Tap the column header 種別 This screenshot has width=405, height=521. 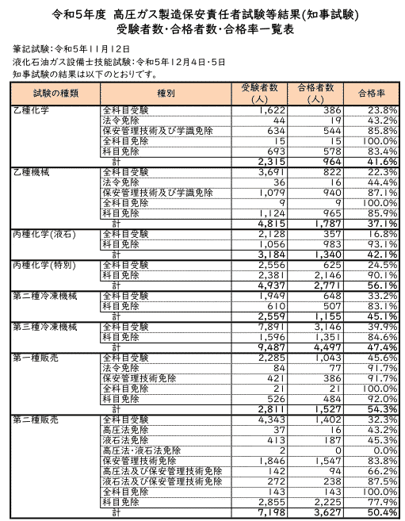point(166,92)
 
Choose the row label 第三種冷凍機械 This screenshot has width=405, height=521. point(44,326)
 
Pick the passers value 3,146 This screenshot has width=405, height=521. point(326,326)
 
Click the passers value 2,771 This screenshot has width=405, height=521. point(326,285)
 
